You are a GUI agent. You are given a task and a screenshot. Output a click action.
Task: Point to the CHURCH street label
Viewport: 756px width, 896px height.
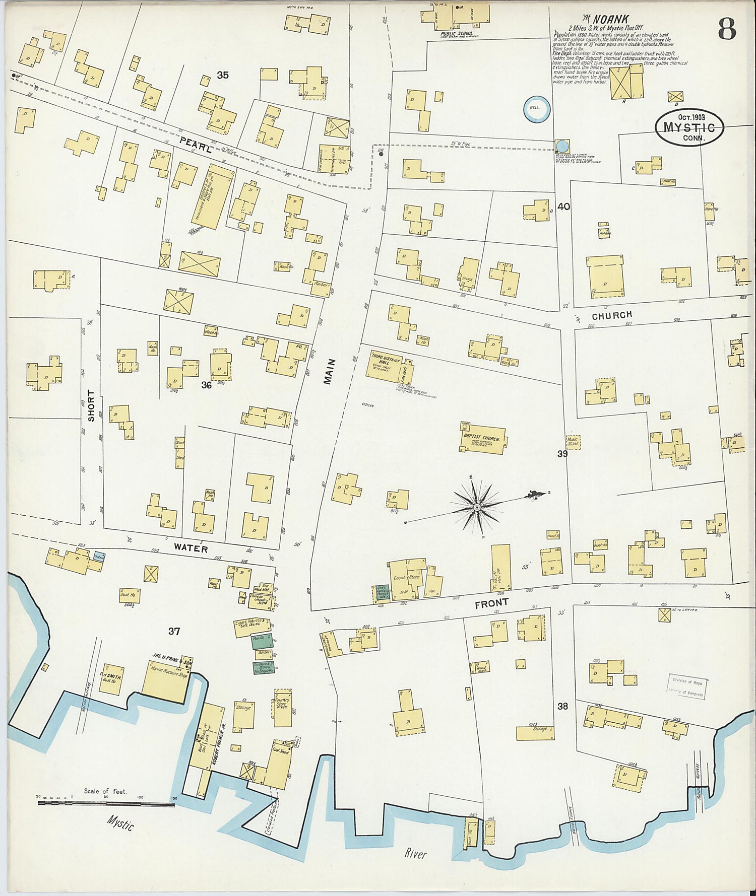pyautogui.click(x=611, y=316)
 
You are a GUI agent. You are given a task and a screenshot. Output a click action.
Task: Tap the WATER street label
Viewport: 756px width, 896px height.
pyautogui.click(x=191, y=548)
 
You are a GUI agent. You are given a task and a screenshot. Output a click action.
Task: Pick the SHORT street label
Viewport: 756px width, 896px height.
pyautogui.click(x=91, y=405)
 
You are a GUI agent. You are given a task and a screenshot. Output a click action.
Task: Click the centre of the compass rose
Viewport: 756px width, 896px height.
pyautogui.click(x=476, y=507)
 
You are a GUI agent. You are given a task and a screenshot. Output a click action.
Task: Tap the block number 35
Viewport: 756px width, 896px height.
pyautogui.click(x=223, y=75)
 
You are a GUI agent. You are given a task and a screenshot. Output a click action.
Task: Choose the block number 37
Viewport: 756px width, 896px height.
pyautogui.click(x=174, y=631)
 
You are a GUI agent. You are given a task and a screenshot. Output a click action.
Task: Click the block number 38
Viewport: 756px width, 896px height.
pyautogui.click(x=562, y=706)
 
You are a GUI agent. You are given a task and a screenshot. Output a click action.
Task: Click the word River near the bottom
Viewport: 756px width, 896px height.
pyautogui.click(x=416, y=854)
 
